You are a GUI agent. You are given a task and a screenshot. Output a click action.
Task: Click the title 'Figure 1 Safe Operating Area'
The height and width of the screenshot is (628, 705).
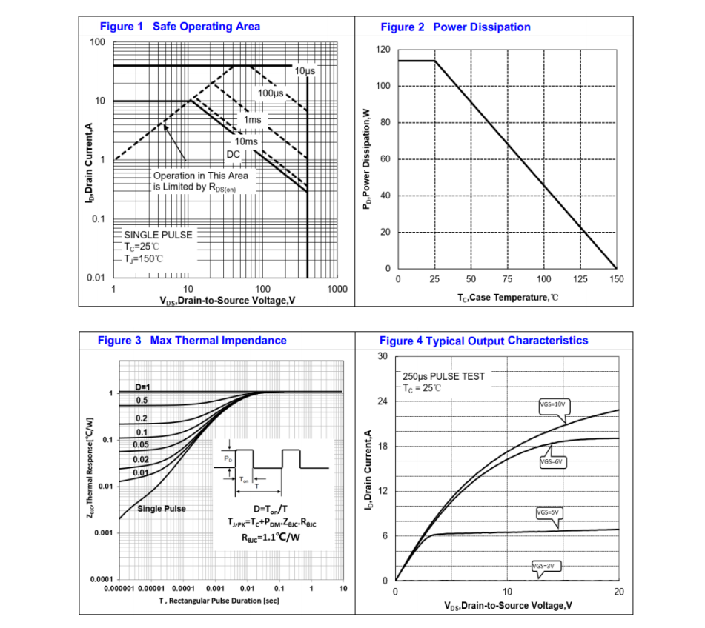pos(179,27)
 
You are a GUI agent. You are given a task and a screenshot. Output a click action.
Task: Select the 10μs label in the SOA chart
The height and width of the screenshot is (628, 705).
pos(305,71)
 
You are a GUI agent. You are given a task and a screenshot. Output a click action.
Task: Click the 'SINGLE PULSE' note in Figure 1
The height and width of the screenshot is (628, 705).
pos(158,235)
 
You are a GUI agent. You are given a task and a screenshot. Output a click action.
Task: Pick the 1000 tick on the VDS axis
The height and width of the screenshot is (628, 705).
pos(337,289)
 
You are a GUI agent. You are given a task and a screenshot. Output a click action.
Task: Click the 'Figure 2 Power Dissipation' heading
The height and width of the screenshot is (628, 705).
pos(455,27)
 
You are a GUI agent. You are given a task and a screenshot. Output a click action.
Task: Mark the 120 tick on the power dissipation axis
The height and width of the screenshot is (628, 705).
pos(383,50)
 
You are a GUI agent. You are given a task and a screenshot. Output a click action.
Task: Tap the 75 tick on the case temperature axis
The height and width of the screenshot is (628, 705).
pos(507,279)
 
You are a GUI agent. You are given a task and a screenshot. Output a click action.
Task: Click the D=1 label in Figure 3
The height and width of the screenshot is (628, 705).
pos(142,387)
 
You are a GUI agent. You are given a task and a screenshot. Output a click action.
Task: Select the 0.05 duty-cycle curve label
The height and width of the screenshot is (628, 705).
pos(140,444)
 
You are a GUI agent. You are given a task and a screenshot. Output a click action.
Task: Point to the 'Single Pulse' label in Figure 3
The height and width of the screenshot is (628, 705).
pos(162,509)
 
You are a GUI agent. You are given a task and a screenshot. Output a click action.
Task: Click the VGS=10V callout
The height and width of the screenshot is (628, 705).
pos(552,404)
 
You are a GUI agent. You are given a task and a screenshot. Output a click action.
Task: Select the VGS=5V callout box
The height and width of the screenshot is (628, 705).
pos(547,512)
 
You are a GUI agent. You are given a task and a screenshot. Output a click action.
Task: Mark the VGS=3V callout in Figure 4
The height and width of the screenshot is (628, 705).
pos(543,566)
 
